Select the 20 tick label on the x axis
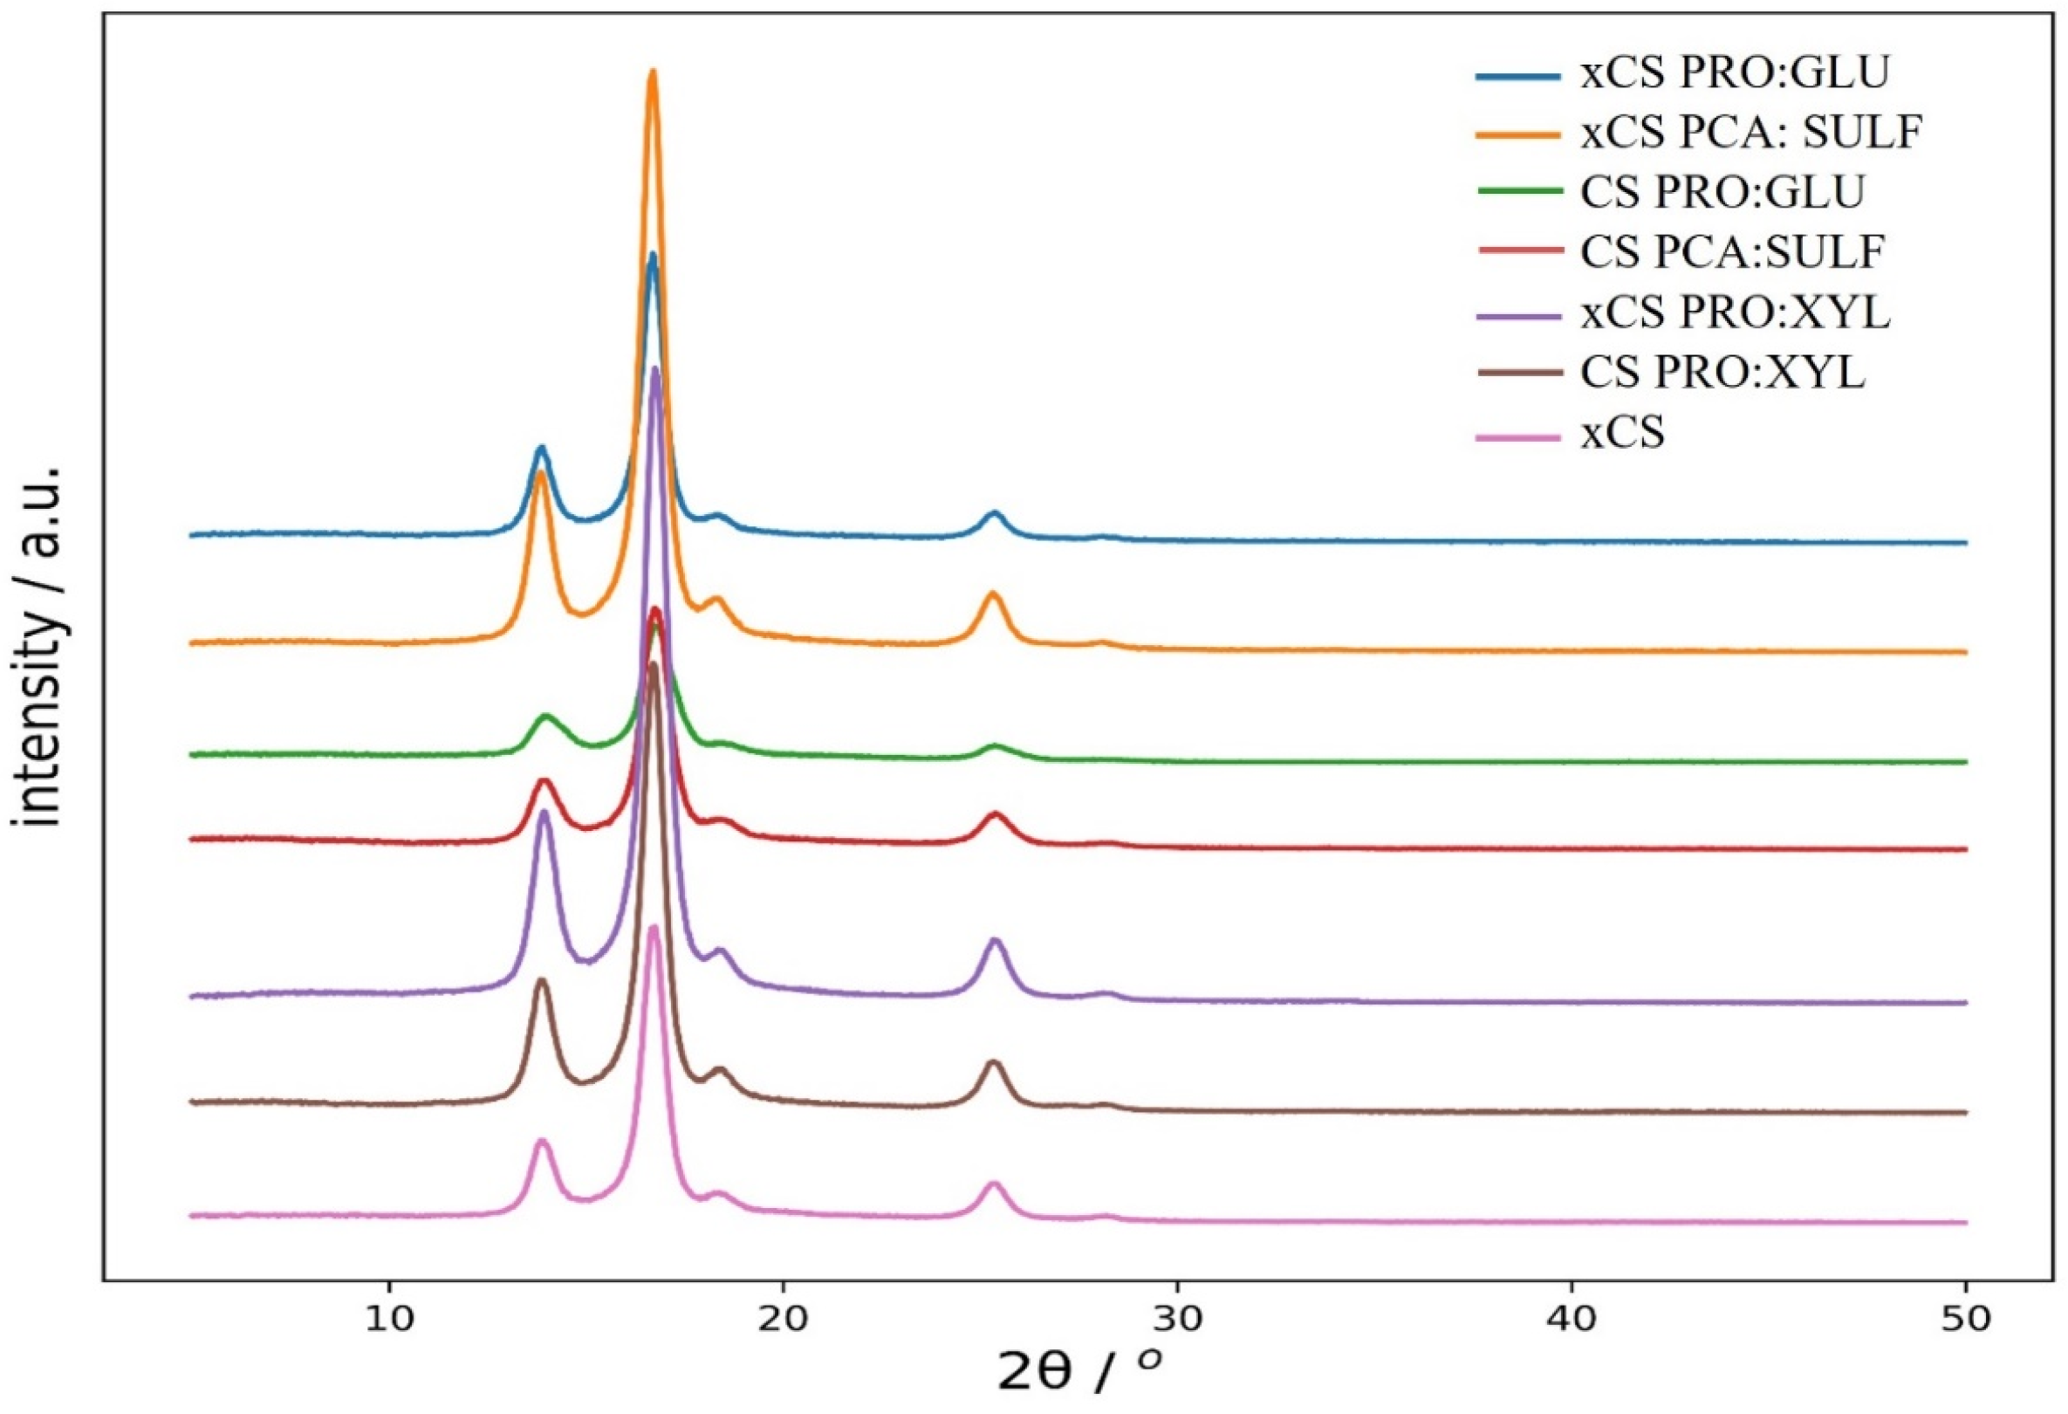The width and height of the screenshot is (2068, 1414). click(783, 1321)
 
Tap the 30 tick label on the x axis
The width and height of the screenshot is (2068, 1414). click(1177, 1321)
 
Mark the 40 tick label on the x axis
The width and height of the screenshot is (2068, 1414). click(1572, 1321)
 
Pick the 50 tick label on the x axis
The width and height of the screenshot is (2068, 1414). click(1966, 1321)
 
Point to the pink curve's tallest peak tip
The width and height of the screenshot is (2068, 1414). click(654, 928)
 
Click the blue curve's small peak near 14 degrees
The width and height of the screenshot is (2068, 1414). click(541, 449)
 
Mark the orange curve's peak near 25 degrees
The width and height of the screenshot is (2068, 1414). click(994, 594)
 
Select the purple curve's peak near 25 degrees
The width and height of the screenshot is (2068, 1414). click(995, 941)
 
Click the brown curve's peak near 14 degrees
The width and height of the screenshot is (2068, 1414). click(541, 980)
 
